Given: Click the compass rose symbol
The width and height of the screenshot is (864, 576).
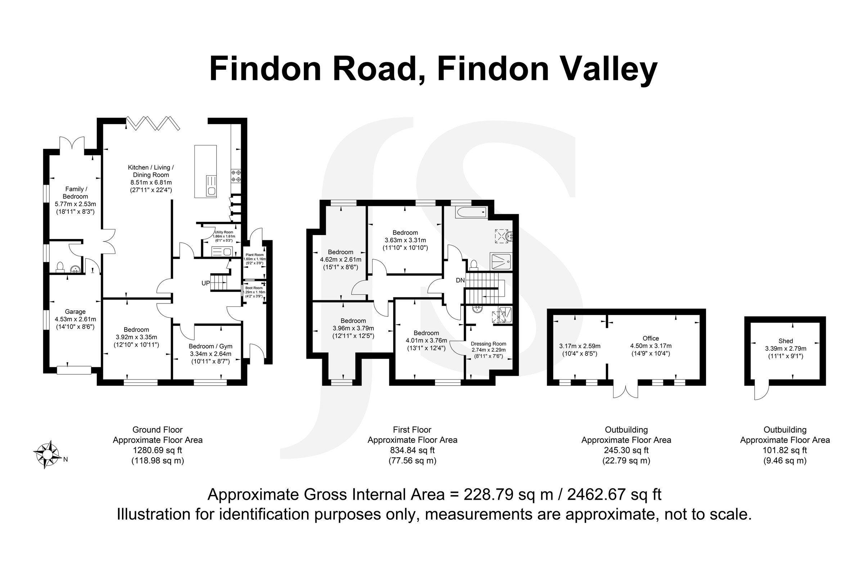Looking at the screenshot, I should point(47,454).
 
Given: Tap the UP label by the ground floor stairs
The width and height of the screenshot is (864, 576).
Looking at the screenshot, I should point(206,283).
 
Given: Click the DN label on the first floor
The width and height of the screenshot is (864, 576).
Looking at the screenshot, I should point(460,280).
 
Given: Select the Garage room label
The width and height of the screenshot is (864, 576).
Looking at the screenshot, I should point(75,312).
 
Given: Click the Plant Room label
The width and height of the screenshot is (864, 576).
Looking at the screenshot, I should point(255,255).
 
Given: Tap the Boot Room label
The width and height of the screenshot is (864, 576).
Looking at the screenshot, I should point(254,288).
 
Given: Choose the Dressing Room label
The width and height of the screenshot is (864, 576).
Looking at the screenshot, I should point(488,344).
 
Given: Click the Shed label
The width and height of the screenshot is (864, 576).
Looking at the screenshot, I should point(786,341).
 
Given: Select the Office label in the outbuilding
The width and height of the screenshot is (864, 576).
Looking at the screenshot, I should point(651,338).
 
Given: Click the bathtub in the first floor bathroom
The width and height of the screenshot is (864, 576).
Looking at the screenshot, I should point(471,212).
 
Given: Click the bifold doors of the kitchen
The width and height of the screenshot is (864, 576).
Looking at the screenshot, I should point(153,123).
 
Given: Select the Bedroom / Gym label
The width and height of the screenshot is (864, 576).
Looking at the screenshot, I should point(211,346).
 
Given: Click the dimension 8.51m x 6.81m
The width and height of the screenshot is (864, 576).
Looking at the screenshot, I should point(151,183).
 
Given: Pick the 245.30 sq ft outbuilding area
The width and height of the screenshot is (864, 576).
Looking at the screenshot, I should point(626,450).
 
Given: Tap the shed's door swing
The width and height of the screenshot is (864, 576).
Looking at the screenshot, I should point(761,392).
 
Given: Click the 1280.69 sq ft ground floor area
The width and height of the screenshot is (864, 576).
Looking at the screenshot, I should point(157,450).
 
